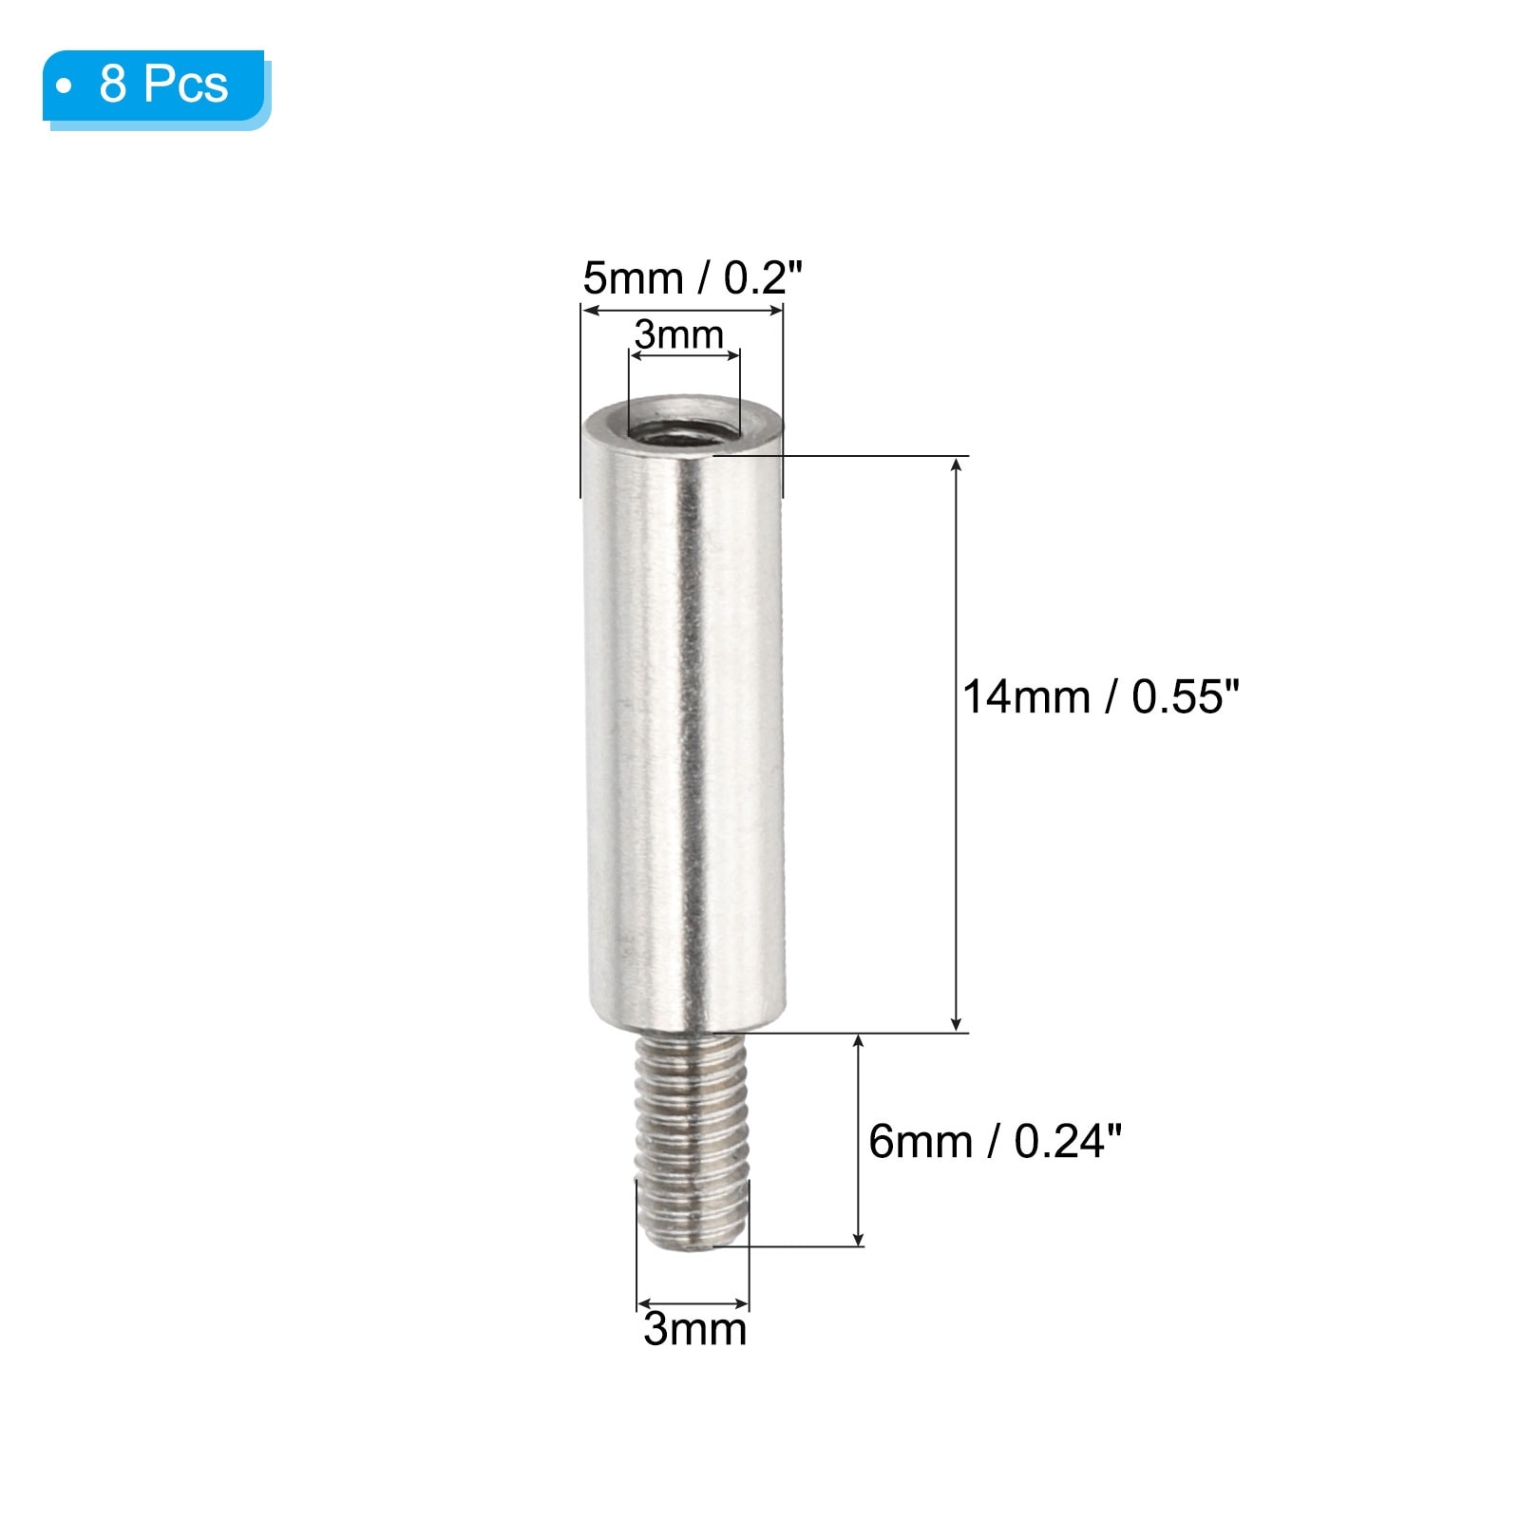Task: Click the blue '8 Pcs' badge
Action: (157, 88)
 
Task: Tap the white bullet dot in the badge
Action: (65, 86)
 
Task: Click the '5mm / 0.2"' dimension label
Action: (693, 278)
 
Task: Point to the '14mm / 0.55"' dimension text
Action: (1101, 696)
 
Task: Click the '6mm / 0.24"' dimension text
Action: (995, 1140)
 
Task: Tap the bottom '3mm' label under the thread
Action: (694, 1328)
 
